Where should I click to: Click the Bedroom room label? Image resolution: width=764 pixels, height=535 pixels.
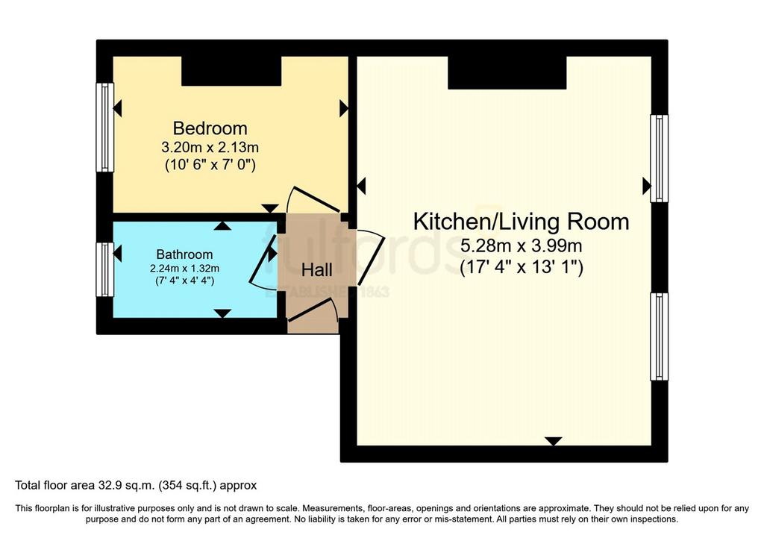point(210,128)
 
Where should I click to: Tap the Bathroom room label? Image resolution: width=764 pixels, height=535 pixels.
point(184,254)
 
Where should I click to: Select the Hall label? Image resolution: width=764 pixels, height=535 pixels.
point(316,270)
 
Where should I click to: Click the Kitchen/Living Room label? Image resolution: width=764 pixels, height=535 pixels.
point(521,222)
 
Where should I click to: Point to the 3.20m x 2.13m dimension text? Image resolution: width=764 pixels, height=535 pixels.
point(210,147)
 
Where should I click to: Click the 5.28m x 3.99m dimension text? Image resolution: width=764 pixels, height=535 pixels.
point(521,245)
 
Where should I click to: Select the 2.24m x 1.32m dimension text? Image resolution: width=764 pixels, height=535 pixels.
point(184,269)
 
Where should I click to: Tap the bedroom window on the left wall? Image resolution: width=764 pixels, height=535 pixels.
point(104,127)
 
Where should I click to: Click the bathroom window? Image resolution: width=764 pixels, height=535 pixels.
point(104,269)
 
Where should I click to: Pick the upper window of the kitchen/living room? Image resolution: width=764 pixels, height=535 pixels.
point(660,158)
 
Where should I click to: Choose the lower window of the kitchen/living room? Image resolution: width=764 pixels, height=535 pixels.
point(660,337)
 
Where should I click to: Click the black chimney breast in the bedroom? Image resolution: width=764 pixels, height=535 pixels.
point(231,71)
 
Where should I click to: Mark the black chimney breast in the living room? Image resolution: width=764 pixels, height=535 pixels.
point(507,72)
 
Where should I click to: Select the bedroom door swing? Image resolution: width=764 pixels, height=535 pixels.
point(314,199)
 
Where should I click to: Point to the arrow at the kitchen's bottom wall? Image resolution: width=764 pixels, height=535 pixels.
point(553,441)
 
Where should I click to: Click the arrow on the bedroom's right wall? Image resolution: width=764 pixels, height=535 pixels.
point(344,108)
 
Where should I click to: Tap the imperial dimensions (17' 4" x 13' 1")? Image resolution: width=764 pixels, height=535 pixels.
point(521,267)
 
